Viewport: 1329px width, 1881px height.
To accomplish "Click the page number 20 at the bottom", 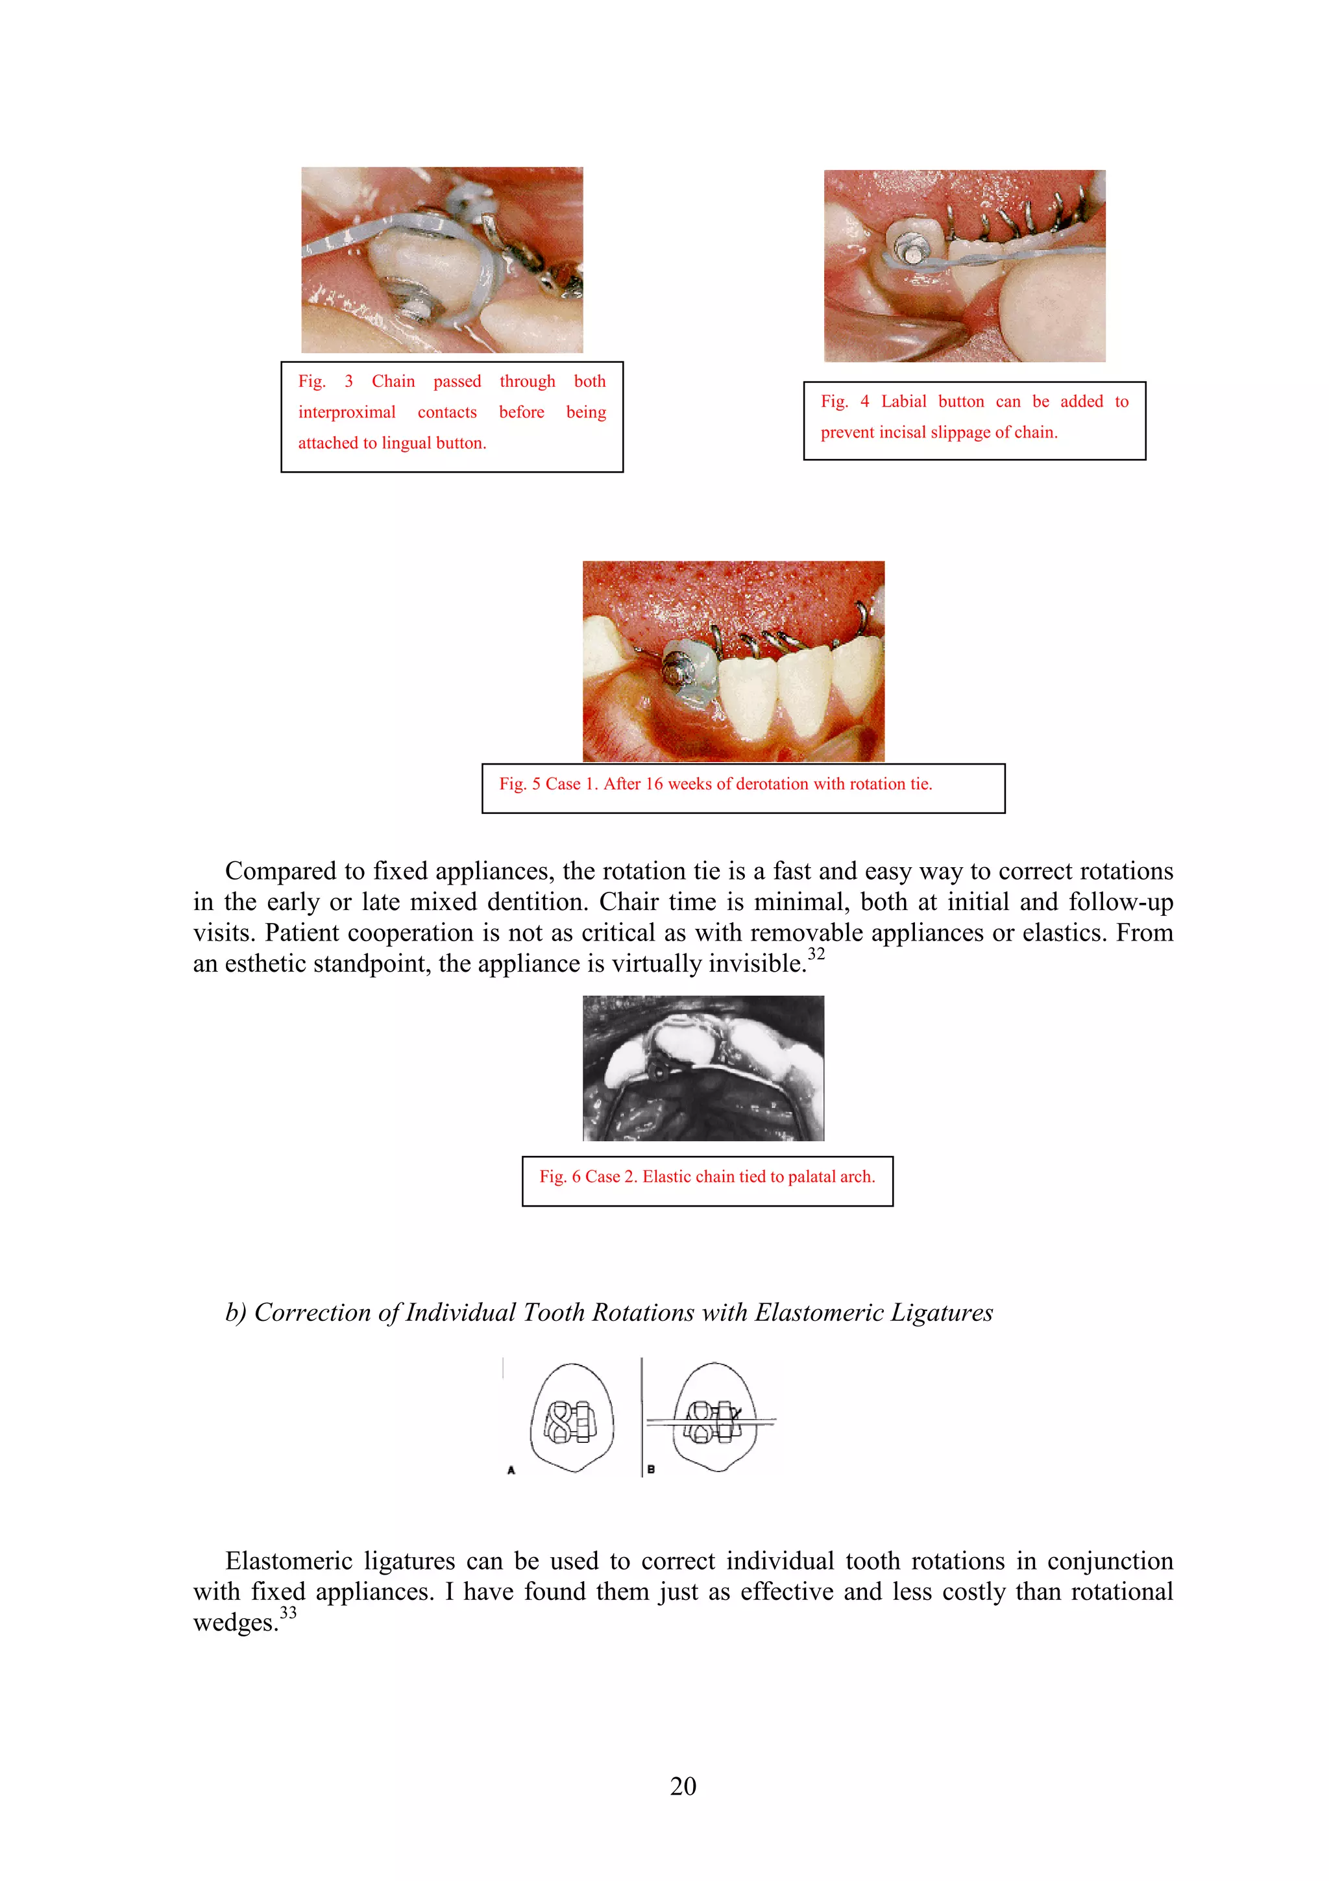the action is (x=683, y=1786).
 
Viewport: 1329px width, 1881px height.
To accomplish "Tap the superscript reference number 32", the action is (x=816, y=953).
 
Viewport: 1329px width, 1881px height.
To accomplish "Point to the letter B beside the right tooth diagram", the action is (x=651, y=1469).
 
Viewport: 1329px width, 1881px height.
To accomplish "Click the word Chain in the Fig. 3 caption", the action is (x=393, y=382).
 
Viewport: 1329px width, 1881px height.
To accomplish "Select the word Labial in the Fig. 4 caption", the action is (x=903, y=401).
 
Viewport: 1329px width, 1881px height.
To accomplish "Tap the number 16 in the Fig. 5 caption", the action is (x=653, y=784).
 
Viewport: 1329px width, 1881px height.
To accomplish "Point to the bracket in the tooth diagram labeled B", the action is (x=713, y=1421).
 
